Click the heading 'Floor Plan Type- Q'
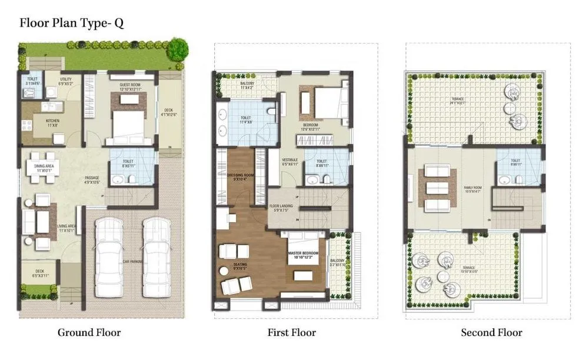(71, 23)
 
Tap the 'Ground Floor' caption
(89, 333)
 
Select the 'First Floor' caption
(291, 333)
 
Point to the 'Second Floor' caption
(491, 333)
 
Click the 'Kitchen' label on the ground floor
(53, 122)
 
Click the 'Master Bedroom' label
(303, 254)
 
